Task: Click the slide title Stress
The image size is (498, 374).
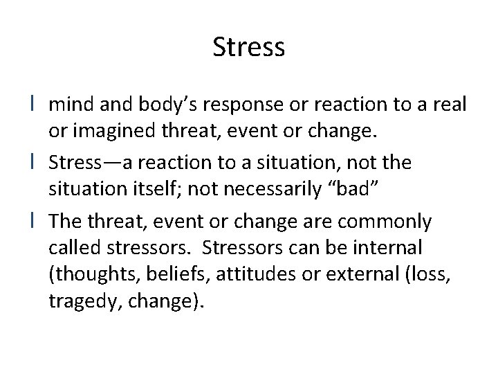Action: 248,48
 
